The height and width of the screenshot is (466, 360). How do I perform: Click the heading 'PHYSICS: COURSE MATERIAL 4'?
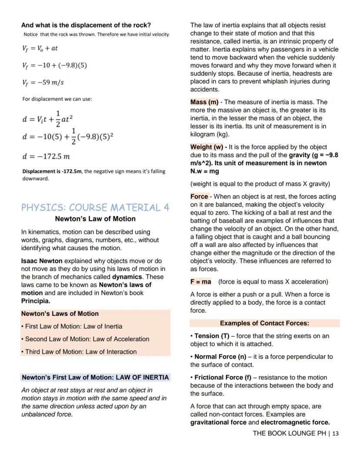coord(95,207)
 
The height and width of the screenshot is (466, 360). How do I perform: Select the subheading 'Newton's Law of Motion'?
coord(95,219)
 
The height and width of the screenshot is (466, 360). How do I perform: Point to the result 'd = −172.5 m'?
coord(46,156)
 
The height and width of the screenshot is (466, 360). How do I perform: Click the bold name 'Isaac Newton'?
coord(42,261)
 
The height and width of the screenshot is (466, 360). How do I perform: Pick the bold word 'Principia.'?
coord(36,301)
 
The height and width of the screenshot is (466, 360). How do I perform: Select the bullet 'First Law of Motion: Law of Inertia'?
coord(72,326)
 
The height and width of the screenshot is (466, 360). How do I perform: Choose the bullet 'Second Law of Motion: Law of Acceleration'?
coord(85,339)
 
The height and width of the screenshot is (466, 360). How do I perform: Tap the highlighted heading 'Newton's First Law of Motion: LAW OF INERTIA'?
coord(95,377)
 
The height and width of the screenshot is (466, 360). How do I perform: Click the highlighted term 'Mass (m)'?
coord(204,102)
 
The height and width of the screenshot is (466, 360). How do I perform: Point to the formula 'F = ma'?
coord(200,282)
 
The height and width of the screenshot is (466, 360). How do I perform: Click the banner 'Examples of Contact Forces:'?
coord(264,323)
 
